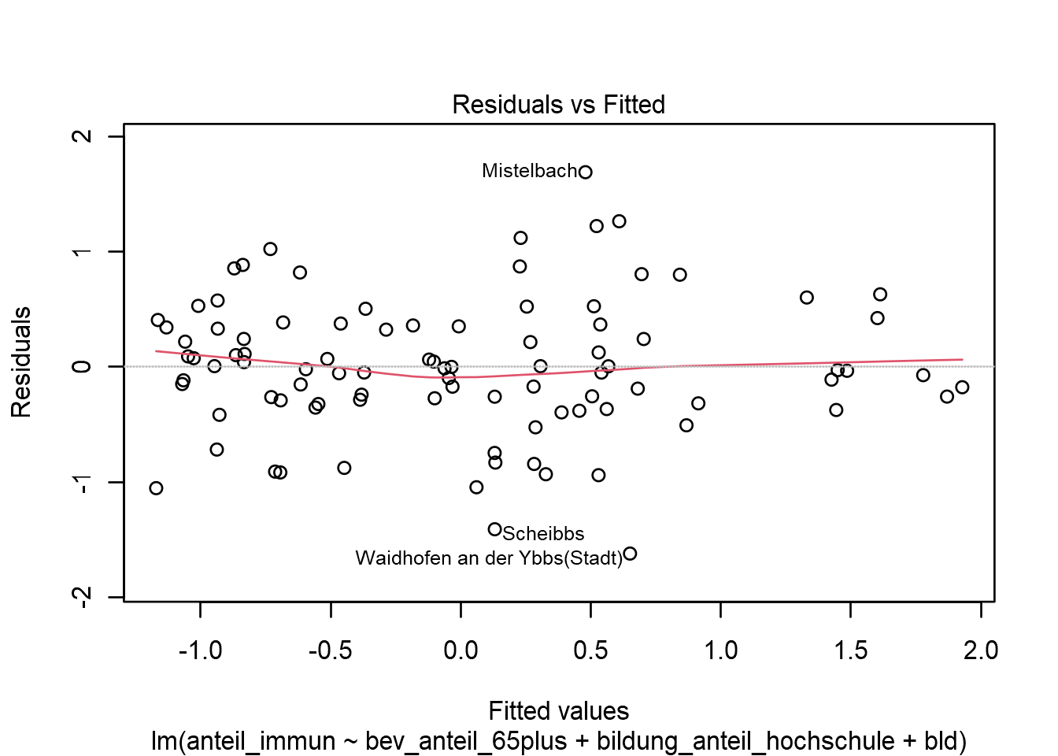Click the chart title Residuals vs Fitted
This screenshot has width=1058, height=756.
pos(558,105)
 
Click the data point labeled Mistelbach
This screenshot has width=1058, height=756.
pos(585,172)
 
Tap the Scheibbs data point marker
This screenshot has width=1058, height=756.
pos(494,529)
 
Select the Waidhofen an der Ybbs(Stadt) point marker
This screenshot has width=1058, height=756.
pos(630,554)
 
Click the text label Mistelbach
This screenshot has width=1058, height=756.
pos(529,171)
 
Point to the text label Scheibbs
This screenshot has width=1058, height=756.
pos(543,534)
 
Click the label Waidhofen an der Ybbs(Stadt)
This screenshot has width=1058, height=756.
pos(489,558)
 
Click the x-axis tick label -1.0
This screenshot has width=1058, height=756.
pos(200,650)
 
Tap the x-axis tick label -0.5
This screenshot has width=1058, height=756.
pos(331,650)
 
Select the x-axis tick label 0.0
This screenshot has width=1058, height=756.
pos(461,650)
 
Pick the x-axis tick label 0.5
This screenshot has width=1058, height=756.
pos(590,650)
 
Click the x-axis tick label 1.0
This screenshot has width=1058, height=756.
pos(720,650)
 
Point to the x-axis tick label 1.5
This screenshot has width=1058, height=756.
pos(850,650)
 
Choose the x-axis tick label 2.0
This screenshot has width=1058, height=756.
pos(980,650)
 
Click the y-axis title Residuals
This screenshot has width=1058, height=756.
pos(21,362)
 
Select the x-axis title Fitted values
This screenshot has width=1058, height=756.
pos(558,711)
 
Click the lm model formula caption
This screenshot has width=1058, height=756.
pos(558,741)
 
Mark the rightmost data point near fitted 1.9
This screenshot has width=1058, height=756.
pos(962,387)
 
